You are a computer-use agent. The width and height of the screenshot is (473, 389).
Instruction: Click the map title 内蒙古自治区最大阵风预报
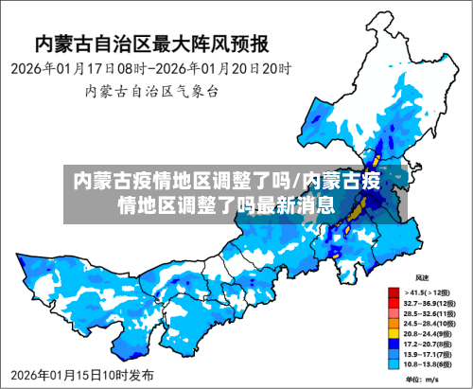click(151, 44)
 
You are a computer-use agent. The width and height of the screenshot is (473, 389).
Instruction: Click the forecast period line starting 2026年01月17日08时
click(151, 69)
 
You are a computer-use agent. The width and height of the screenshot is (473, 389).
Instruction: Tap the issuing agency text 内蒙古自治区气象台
click(151, 92)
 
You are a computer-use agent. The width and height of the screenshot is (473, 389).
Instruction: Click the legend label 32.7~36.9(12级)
click(429, 302)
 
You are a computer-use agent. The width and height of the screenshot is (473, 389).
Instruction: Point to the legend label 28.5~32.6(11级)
click(429, 312)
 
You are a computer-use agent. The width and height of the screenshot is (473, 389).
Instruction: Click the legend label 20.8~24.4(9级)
click(429, 333)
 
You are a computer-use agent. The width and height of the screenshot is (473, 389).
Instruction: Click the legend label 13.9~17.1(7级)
click(429, 353)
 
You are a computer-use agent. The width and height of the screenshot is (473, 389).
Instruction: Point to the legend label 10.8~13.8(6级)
click(429, 363)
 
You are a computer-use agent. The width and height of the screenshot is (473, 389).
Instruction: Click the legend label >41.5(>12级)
click(428, 292)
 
